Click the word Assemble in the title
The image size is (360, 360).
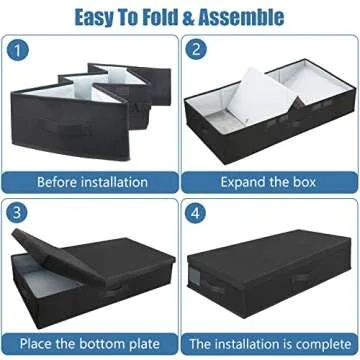pos(243,17)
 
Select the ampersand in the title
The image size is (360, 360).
pos(194,17)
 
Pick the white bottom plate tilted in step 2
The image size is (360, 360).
pos(262,101)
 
